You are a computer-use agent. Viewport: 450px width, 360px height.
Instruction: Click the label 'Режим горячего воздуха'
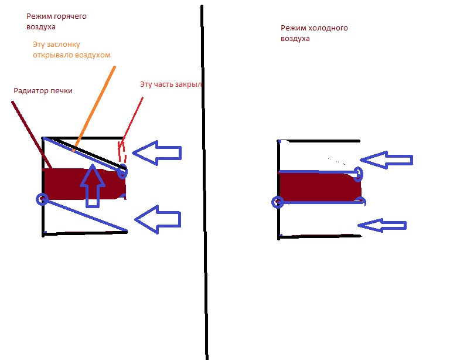[56, 22]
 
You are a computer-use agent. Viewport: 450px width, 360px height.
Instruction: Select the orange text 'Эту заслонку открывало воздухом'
[71, 49]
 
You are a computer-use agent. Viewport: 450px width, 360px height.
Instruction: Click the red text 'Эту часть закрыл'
[171, 84]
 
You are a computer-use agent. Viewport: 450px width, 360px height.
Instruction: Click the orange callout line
[94, 108]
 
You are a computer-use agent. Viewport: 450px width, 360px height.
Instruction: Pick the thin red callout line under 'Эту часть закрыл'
[132, 118]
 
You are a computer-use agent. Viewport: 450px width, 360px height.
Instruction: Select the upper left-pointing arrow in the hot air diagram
[156, 153]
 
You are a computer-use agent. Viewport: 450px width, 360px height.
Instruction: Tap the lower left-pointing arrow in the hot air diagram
[158, 219]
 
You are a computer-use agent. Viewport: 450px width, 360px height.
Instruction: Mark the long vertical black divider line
[204, 176]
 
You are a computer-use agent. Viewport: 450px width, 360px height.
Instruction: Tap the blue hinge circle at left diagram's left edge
[42, 199]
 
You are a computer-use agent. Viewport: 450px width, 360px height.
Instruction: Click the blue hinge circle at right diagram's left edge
[278, 203]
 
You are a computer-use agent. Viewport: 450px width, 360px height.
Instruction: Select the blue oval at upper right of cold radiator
[359, 174]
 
